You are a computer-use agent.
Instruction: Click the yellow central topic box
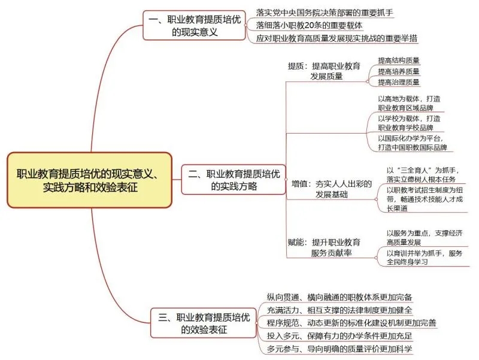(x=89, y=180)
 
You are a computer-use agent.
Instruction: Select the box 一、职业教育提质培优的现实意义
(x=194, y=25)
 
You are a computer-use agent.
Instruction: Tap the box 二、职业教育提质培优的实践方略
(x=234, y=180)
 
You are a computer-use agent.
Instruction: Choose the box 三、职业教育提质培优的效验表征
(x=204, y=323)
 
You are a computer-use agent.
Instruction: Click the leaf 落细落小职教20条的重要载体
(x=309, y=25)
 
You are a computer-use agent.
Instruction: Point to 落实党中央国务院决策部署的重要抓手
(x=325, y=13)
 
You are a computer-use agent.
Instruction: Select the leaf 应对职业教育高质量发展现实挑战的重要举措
(x=336, y=38)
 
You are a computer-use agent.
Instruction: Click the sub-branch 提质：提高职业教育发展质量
(x=325, y=71)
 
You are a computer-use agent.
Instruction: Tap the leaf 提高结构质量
(x=399, y=60)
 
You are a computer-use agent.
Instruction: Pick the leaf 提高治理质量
(x=399, y=82)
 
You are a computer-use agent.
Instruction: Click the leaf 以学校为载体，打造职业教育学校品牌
(x=410, y=123)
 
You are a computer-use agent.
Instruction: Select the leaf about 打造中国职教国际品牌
(x=413, y=143)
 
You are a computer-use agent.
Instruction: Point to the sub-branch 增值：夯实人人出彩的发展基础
(x=332, y=189)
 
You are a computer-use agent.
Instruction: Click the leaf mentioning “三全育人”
(x=423, y=174)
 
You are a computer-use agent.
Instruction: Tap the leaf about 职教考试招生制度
(x=425, y=199)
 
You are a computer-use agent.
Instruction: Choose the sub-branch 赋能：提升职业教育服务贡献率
(x=325, y=247)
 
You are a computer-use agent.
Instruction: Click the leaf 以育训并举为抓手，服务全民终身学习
(x=425, y=258)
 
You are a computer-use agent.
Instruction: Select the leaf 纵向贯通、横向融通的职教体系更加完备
(x=339, y=297)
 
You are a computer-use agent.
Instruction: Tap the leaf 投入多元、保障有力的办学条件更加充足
(x=339, y=336)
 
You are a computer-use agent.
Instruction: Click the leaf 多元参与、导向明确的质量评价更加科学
(x=339, y=349)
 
